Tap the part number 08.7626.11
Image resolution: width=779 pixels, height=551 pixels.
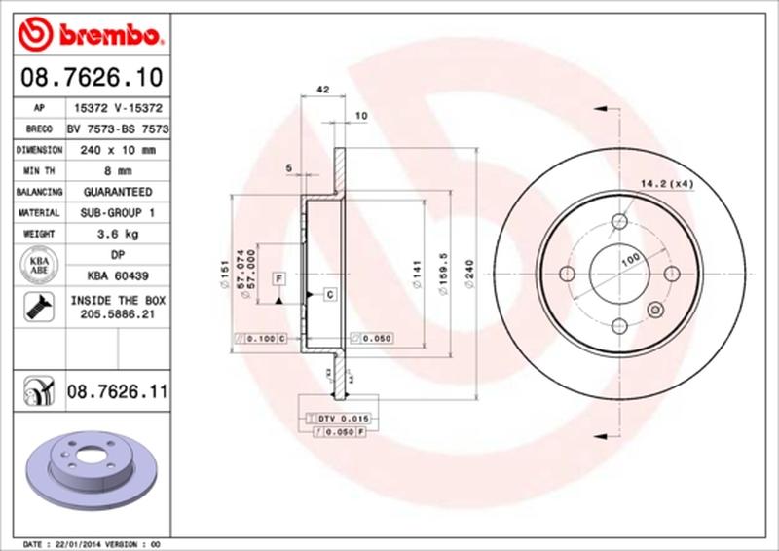click(118, 393)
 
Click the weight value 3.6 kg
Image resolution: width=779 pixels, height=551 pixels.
click(117, 234)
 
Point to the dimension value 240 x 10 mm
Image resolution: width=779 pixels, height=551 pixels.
click(117, 150)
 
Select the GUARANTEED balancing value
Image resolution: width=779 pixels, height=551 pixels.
click(117, 192)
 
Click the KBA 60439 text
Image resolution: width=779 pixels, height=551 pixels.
click(117, 276)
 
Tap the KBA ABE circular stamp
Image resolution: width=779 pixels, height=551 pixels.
click(40, 266)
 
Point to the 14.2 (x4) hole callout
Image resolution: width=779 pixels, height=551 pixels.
click(666, 182)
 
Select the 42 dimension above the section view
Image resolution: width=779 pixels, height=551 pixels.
click(321, 90)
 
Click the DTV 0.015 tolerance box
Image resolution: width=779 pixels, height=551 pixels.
click(342, 417)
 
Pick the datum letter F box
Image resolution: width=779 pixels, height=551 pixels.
click(278, 277)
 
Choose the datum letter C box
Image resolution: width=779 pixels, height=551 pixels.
click(329, 293)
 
